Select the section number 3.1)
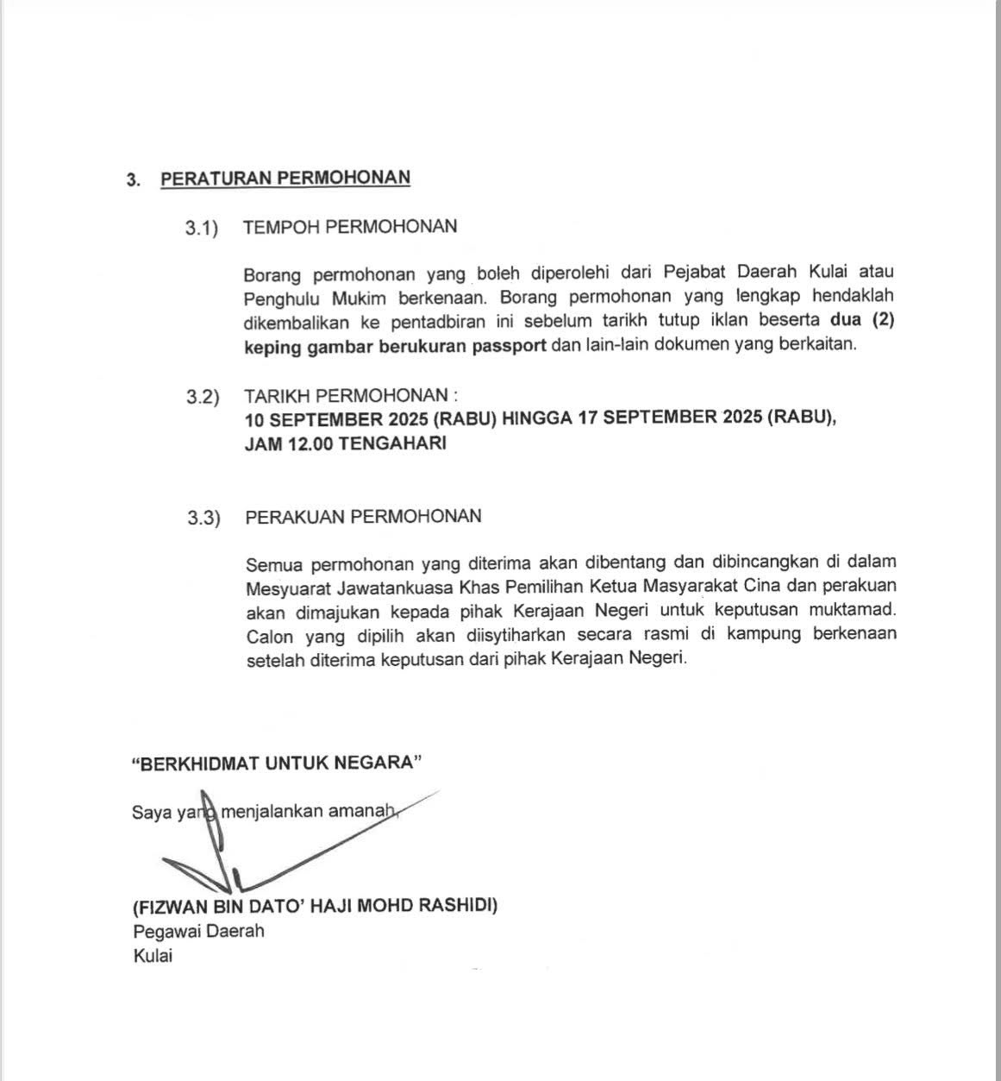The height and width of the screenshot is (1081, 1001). tap(202, 228)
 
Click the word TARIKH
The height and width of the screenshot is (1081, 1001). tap(277, 396)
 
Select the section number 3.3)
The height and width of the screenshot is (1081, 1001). tap(203, 518)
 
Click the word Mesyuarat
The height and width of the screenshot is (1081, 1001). tap(285, 587)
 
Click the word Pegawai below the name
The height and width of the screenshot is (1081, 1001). tap(165, 932)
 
